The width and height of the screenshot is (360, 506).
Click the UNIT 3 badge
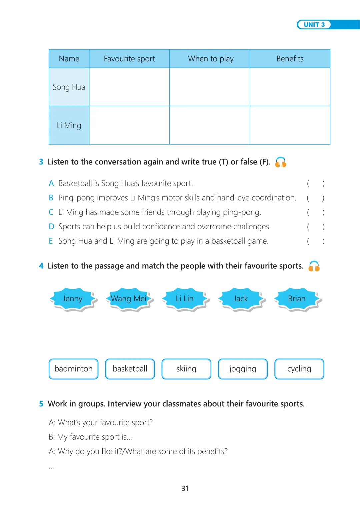(x=314, y=25)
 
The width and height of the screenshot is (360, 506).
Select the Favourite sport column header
(x=129, y=59)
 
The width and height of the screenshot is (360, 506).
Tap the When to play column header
(x=211, y=59)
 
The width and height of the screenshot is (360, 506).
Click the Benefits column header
(x=290, y=59)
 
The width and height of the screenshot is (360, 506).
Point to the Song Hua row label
(x=69, y=87)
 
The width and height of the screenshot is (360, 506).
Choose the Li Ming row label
(x=69, y=125)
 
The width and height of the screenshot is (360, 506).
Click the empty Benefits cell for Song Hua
(x=290, y=87)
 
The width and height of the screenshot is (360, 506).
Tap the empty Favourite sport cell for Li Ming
(x=129, y=125)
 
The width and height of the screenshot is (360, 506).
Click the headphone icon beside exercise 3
(x=281, y=162)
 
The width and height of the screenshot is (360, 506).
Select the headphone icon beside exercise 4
(x=314, y=266)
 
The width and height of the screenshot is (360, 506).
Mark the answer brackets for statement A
(x=315, y=183)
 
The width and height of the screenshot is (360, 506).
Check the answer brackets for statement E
(x=315, y=241)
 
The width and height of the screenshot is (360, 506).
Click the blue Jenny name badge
(x=73, y=299)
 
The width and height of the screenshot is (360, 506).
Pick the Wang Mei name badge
(x=129, y=299)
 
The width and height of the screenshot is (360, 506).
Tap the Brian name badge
(x=297, y=299)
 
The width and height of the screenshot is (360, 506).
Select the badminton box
(x=74, y=369)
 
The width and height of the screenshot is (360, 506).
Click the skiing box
(x=186, y=369)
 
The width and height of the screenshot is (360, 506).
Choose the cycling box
(x=299, y=369)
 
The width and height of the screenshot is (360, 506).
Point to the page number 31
(x=185, y=488)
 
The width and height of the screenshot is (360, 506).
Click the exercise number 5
(x=41, y=404)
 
